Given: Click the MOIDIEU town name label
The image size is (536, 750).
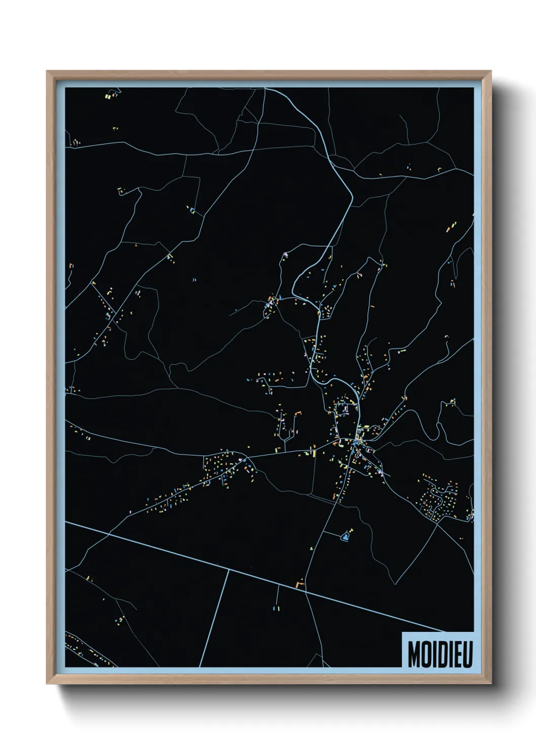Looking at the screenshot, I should [x=439, y=655].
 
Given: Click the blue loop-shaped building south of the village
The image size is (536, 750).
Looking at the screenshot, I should [x=346, y=536].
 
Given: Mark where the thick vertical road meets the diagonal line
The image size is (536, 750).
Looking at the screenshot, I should [x=227, y=570].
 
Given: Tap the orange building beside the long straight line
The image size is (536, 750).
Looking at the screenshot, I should [x=299, y=585].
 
